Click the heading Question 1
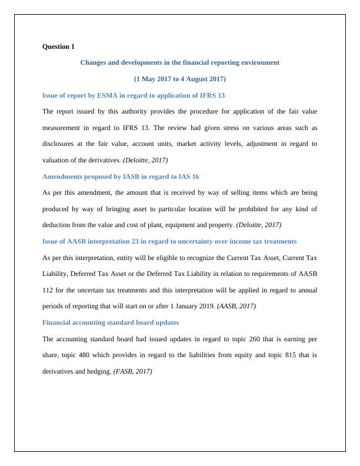point(59,46)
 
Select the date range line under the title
point(179,78)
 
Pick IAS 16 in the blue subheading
point(186,176)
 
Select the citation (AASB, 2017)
point(236,306)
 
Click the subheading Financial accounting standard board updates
point(111,322)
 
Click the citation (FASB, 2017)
point(132,371)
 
